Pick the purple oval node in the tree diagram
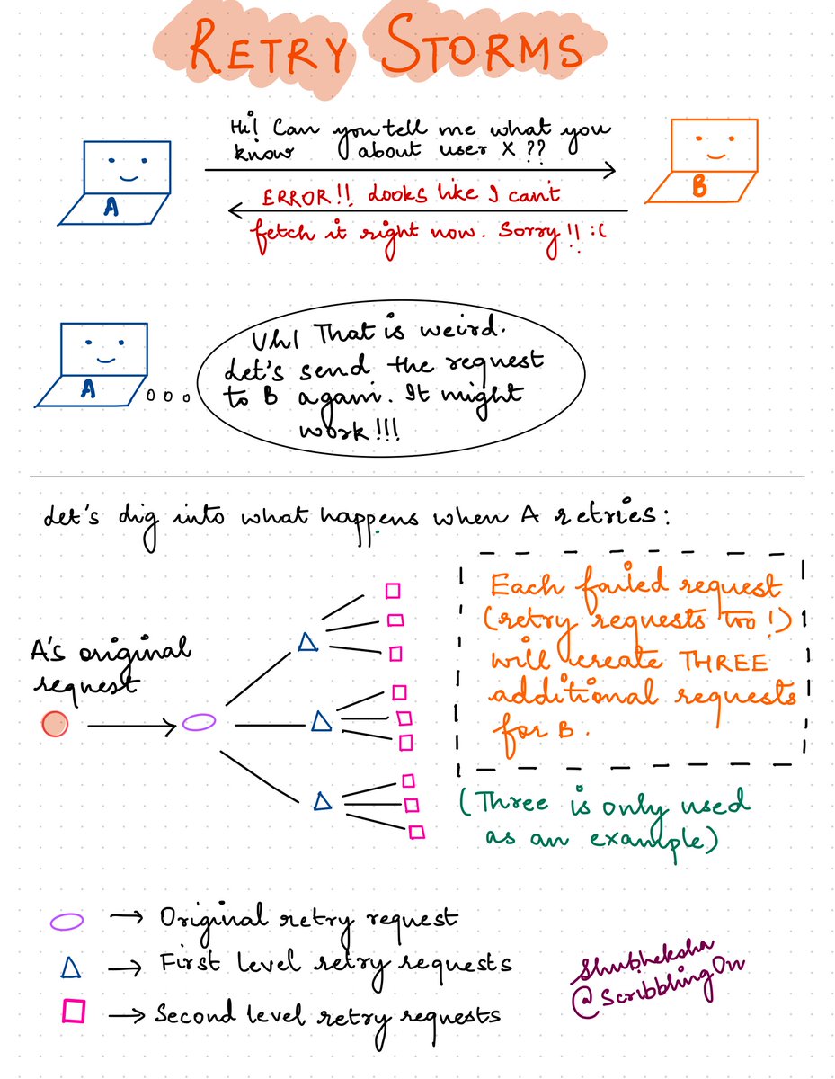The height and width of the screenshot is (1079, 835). click(199, 721)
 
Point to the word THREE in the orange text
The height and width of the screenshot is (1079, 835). click(725, 662)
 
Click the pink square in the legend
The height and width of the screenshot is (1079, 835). click(75, 1013)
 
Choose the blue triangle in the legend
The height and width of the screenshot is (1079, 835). click(74, 967)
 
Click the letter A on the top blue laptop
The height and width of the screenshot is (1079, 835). click(111, 208)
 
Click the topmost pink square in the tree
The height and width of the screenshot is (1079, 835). click(392, 591)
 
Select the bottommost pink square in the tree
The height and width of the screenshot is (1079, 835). click(415, 833)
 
